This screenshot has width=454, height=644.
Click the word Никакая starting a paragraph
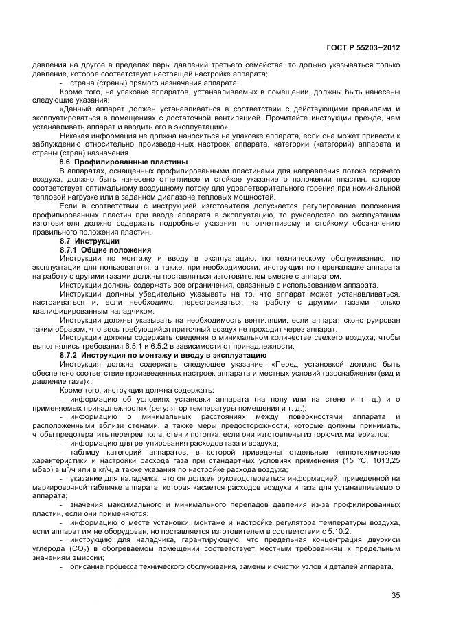click(x=77, y=135)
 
